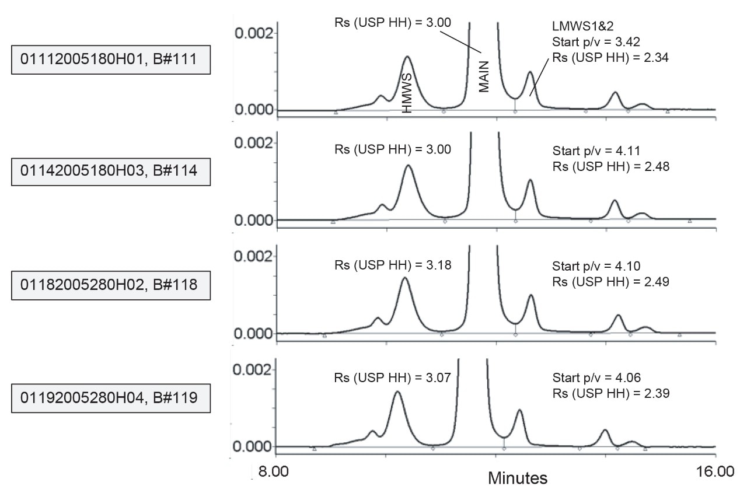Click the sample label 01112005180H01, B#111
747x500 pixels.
coord(111,61)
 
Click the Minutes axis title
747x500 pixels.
coord(518,478)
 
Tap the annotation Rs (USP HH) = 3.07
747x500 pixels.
coord(393,377)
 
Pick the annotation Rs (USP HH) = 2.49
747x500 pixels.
coord(610,282)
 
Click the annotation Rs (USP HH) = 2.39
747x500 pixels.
coord(610,393)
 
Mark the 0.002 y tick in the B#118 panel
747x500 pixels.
coord(253,256)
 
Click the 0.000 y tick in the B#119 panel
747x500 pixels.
coord(253,447)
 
